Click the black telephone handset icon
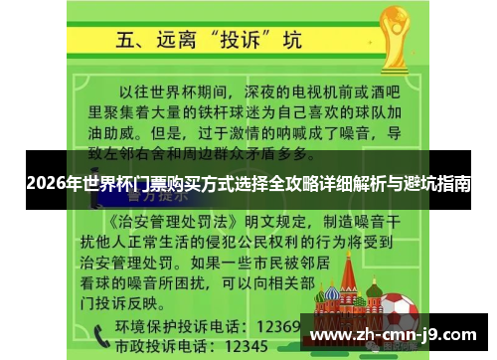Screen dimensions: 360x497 click(x=99, y=335)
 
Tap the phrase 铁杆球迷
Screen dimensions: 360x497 click(x=204, y=111)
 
